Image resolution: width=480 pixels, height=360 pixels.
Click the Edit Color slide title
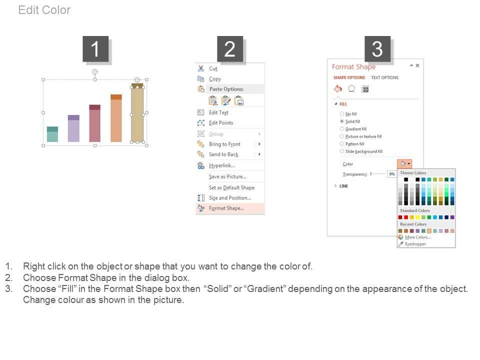pos(44,10)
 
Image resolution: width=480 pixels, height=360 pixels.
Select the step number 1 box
pos(95,48)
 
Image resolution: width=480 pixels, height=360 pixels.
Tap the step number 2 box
pos(230,48)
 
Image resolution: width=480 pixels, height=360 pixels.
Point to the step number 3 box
pos(377,48)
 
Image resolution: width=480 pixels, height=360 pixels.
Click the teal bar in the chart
pos(52,134)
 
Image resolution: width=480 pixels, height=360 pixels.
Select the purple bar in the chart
pos(73,128)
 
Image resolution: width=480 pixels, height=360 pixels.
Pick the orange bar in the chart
pos(116,118)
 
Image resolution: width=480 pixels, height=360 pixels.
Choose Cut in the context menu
pos(213,68)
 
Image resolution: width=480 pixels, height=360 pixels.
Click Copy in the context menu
pos(215,79)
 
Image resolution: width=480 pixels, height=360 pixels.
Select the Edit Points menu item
pos(221,123)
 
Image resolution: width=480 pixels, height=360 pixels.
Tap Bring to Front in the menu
pos(224,144)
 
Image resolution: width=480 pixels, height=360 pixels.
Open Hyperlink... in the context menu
pos(222,165)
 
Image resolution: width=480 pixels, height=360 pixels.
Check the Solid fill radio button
pos(342,121)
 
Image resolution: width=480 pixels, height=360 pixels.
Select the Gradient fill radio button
pos(342,129)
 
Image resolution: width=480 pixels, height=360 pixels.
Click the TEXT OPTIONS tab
pos(385,77)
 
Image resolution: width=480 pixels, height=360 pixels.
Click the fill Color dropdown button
pos(404,164)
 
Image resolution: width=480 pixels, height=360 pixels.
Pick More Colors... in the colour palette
pos(417,237)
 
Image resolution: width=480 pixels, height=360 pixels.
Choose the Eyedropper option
pos(415,244)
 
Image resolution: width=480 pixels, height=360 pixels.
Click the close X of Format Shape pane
pos(417,65)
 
